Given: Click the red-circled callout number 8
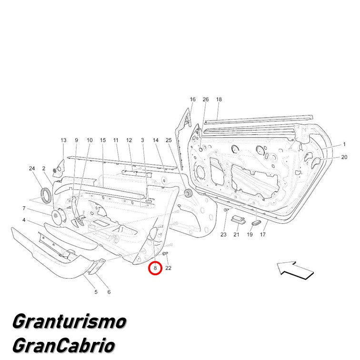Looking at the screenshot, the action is pyautogui.click(x=155, y=268).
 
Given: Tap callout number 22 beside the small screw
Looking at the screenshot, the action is pyautogui.click(x=168, y=268).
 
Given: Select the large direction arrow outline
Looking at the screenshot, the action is pyautogui.click(x=296, y=270).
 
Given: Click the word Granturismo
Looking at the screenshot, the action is pyautogui.click(x=70, y=321).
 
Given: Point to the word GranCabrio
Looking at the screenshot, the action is pyautogui.click(x=64, y=345).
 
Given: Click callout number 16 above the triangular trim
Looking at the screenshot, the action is pyautogui.click(x=193, y=99).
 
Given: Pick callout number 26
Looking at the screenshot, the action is pyautogui.click(x=206, y=99).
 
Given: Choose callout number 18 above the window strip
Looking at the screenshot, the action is pyautogui.click(x=219, y=99).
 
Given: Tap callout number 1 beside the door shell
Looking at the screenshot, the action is pyautogui.click(x=344, y=144).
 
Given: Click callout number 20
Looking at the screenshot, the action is pyautogui.click(x=344, y=157).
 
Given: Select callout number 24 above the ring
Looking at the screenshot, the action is pyautogui.click(x=32, y=168).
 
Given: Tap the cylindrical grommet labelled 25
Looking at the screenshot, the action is pyautogui.click(x=189, y=193).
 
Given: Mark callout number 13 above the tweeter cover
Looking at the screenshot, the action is pyautogui.click(x=63, y=140).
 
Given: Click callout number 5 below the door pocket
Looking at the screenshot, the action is pyautogui.click(x=96, y=292).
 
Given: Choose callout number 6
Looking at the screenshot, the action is pyautogui.click(x=109, y=292).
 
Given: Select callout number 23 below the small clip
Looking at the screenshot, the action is pyautogui.click(x=223, y=234).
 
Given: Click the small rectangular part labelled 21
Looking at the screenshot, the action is pyautogui.click(x=238, y=219).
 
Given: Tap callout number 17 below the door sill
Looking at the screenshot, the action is pyautogui.click(x=263, y=234).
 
